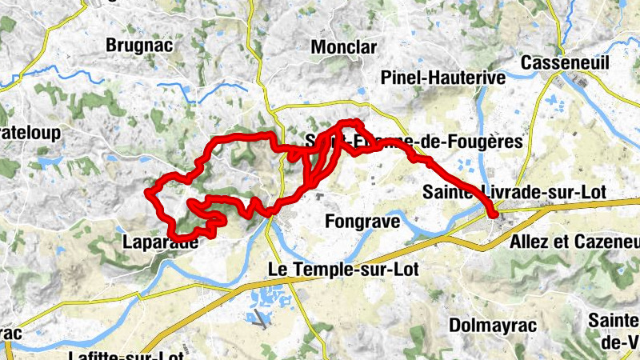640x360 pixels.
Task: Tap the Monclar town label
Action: point(343,47)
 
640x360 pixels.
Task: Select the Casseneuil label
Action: point(564,62)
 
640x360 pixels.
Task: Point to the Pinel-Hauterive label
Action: point(443,78)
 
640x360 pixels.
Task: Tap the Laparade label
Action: point(161,242)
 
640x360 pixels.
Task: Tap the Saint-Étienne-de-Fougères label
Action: point(414,142)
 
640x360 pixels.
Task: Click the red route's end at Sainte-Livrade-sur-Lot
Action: point(494,214)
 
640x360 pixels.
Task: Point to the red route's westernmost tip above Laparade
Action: point(148,193)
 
